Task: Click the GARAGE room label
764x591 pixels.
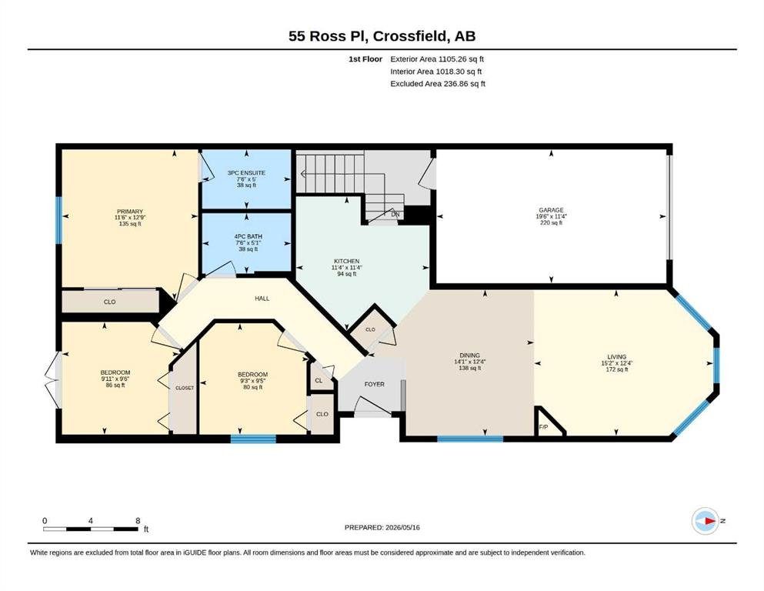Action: [551, 210]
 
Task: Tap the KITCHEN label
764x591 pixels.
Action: [346, 261]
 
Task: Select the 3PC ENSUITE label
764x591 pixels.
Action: [246, 172]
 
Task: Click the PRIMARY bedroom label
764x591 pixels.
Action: [129, 212]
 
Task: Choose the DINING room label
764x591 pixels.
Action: [469, 356]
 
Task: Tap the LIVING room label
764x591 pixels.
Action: [617, 356]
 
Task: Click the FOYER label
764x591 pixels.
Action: [374, 384]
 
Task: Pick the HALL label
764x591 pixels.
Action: [262, 298]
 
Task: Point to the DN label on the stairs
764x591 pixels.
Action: [395, 214]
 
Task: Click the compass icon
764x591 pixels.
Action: [705, 521]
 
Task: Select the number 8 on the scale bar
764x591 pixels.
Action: [138, 520]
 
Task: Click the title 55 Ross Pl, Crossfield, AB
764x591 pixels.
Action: [382, 36]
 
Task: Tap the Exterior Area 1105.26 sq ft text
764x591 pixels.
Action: [437, 59]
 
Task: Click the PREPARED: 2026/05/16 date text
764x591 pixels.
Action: [382, 527]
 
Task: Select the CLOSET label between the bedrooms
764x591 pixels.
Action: [184, 388]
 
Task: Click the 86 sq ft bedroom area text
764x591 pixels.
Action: [115, 385]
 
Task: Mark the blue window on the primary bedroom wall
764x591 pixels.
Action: [59, 220]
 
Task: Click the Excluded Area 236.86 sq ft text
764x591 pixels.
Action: [438, 83]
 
